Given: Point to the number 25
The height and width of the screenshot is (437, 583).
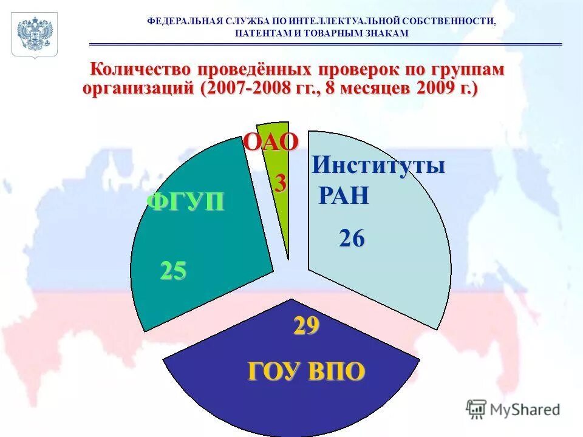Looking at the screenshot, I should pyautogui.click(x=173, y=271).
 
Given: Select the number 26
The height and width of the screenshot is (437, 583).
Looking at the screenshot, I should pyautogui.click(x=352, y=239).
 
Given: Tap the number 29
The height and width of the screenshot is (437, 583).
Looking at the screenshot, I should pyautogui.click(x=306, y=327).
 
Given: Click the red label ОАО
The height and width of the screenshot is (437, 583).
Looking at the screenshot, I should pyautogui.click(x=271, y=142).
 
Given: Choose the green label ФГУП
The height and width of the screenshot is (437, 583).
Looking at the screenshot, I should pyautogui.click(x=185, y=201).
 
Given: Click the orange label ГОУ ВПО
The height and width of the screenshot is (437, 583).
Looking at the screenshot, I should pyautogui.click(x=306, y=370).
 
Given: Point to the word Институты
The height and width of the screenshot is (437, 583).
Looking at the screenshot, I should pyautogui.click(x=378, y=165).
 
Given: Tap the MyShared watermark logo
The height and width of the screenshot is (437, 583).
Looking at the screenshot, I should pyautogui.click(x=513, y=410).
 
